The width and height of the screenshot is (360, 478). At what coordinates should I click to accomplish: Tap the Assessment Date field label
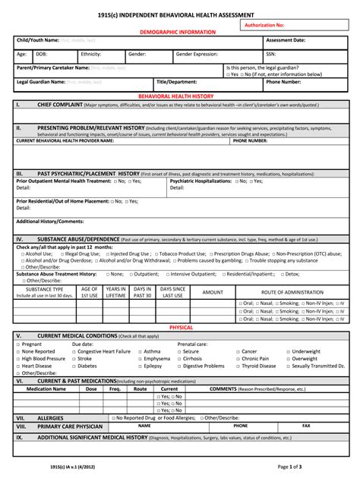(286, 40)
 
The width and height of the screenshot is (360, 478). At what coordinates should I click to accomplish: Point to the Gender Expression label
(196, 55)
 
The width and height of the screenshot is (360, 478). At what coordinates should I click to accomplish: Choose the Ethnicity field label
(90, 55)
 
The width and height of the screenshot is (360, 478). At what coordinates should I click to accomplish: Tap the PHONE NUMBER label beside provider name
(250, 140)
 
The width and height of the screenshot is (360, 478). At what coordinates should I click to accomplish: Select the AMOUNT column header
(213, 291)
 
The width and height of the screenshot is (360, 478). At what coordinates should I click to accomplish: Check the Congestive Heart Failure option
(104, 351)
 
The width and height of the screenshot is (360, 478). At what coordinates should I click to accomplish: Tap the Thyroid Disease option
(259, 366)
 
